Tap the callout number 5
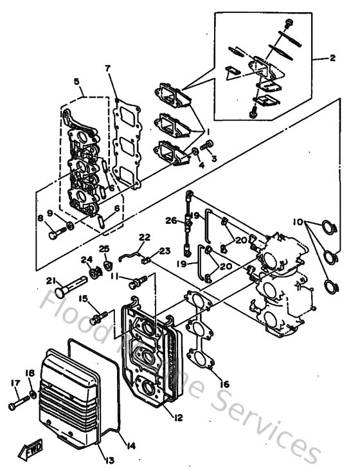point(76,82)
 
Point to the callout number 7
point(108,68)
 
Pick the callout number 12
point(177,417)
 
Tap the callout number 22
point(145,237)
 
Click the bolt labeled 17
point(19,406)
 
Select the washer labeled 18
point(32,393)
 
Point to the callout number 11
point(114,277)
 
